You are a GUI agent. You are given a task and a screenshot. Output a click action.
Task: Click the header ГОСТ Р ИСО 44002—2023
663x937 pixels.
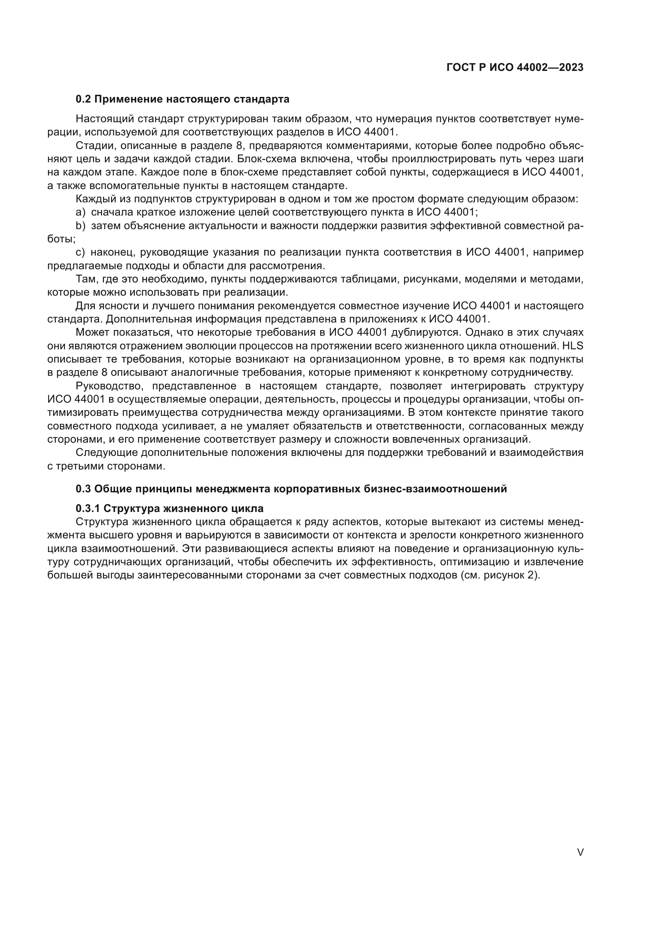click(x=515, y=67)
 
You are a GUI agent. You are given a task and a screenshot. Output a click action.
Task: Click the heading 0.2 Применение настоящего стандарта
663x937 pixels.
click(x=182, y=99)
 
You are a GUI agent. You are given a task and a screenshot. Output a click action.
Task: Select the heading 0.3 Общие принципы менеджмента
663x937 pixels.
click(x=291, y=488)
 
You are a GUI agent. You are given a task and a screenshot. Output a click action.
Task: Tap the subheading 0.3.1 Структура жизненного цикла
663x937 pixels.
click(x=170, y=508)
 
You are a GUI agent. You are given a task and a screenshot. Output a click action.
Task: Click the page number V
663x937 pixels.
click(x=580, y=852)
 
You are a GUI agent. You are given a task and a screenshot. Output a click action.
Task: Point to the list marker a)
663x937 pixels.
click(x=81, y=212)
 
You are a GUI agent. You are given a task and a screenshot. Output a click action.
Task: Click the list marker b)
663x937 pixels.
click(x=81, y=226)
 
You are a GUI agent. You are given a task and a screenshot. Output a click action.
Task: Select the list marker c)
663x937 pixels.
click(x=81, y=252)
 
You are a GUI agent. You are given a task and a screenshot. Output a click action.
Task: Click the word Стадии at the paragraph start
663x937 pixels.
click(x=92, y=146)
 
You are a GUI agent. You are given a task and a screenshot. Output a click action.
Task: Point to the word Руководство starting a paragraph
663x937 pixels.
click(x=109, y=386)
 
